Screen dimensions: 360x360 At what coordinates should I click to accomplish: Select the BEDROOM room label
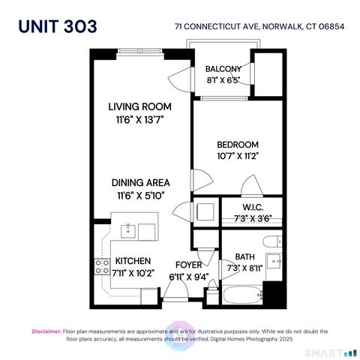238,145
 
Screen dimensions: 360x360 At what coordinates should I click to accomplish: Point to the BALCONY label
223,69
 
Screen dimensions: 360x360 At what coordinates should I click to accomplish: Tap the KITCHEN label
133,261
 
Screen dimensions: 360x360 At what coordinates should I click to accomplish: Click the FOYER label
187,265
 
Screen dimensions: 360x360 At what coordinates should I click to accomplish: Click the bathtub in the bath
241,293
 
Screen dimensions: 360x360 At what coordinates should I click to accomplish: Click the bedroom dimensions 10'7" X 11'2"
238,157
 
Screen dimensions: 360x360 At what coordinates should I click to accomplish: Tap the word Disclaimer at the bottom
46,331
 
